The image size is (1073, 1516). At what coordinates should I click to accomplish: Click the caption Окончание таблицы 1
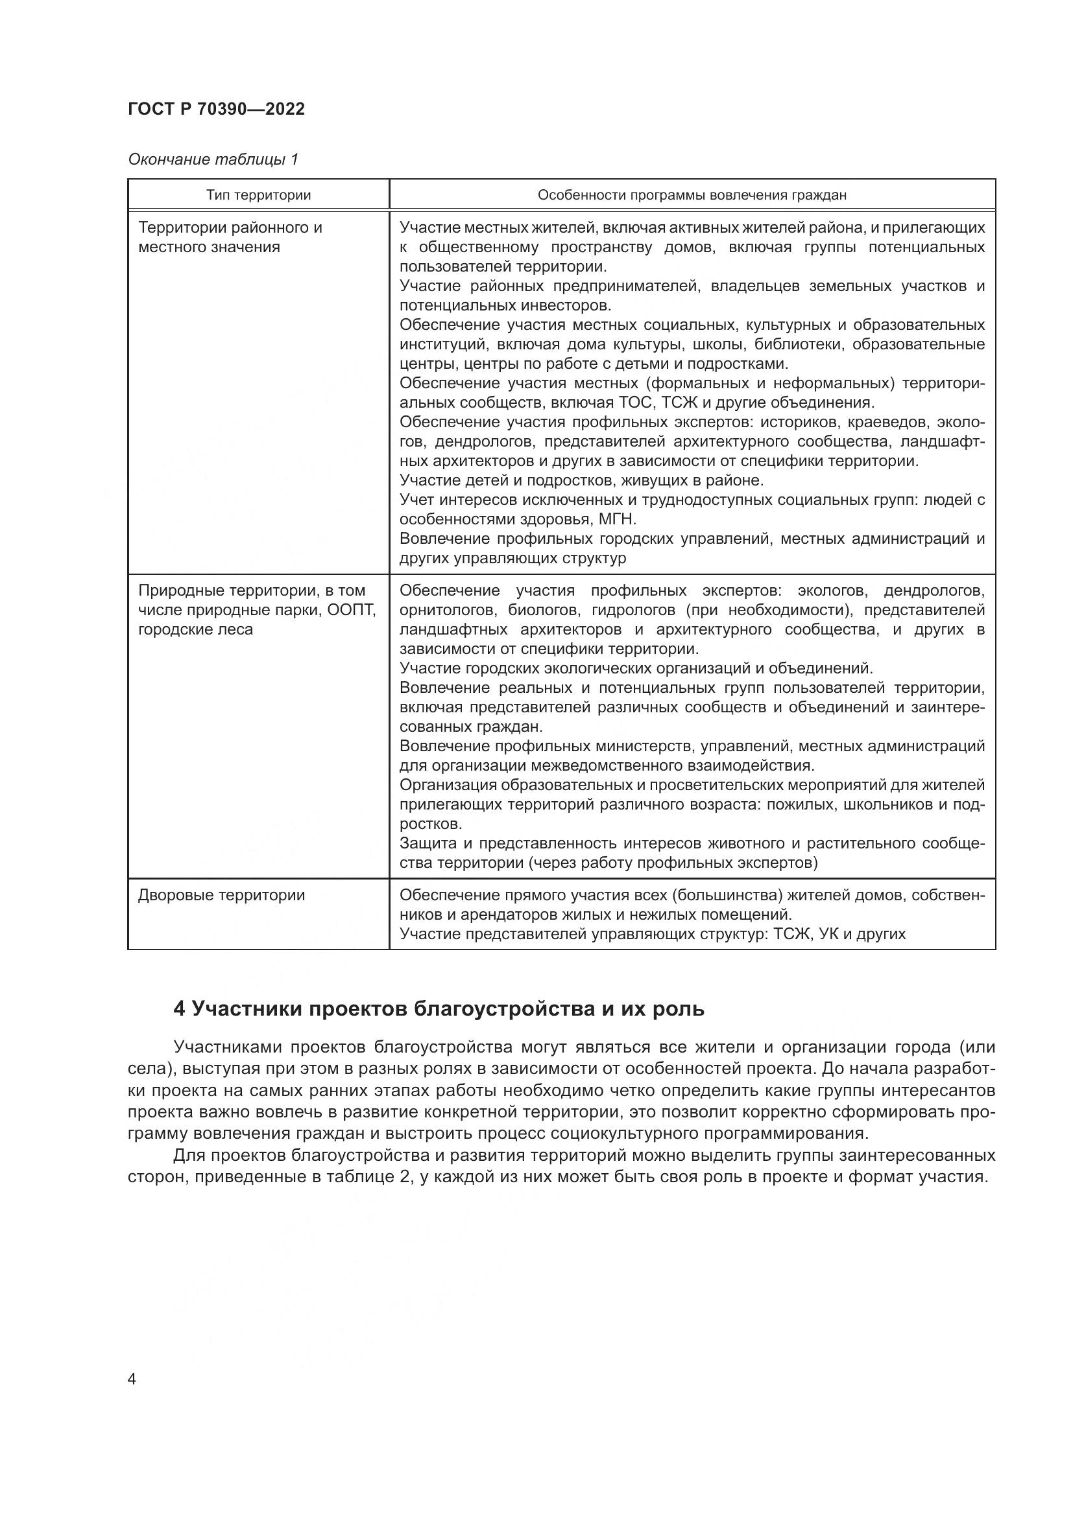pos(213,159)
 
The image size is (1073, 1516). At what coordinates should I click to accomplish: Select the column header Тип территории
pos(258,195)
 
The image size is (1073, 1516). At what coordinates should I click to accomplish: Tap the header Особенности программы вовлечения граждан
pos(692,195)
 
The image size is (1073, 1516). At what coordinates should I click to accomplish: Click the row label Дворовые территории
pos(221,895)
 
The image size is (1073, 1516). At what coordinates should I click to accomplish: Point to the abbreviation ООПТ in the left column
pos(352,610)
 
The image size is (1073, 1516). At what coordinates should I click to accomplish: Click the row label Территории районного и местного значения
pos(230,237)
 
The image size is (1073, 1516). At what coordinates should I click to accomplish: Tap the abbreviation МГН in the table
pos(616,519)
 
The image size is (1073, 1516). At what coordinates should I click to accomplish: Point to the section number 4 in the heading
pos(178,1009)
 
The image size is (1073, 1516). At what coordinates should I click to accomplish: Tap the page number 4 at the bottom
pos(132,1379)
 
